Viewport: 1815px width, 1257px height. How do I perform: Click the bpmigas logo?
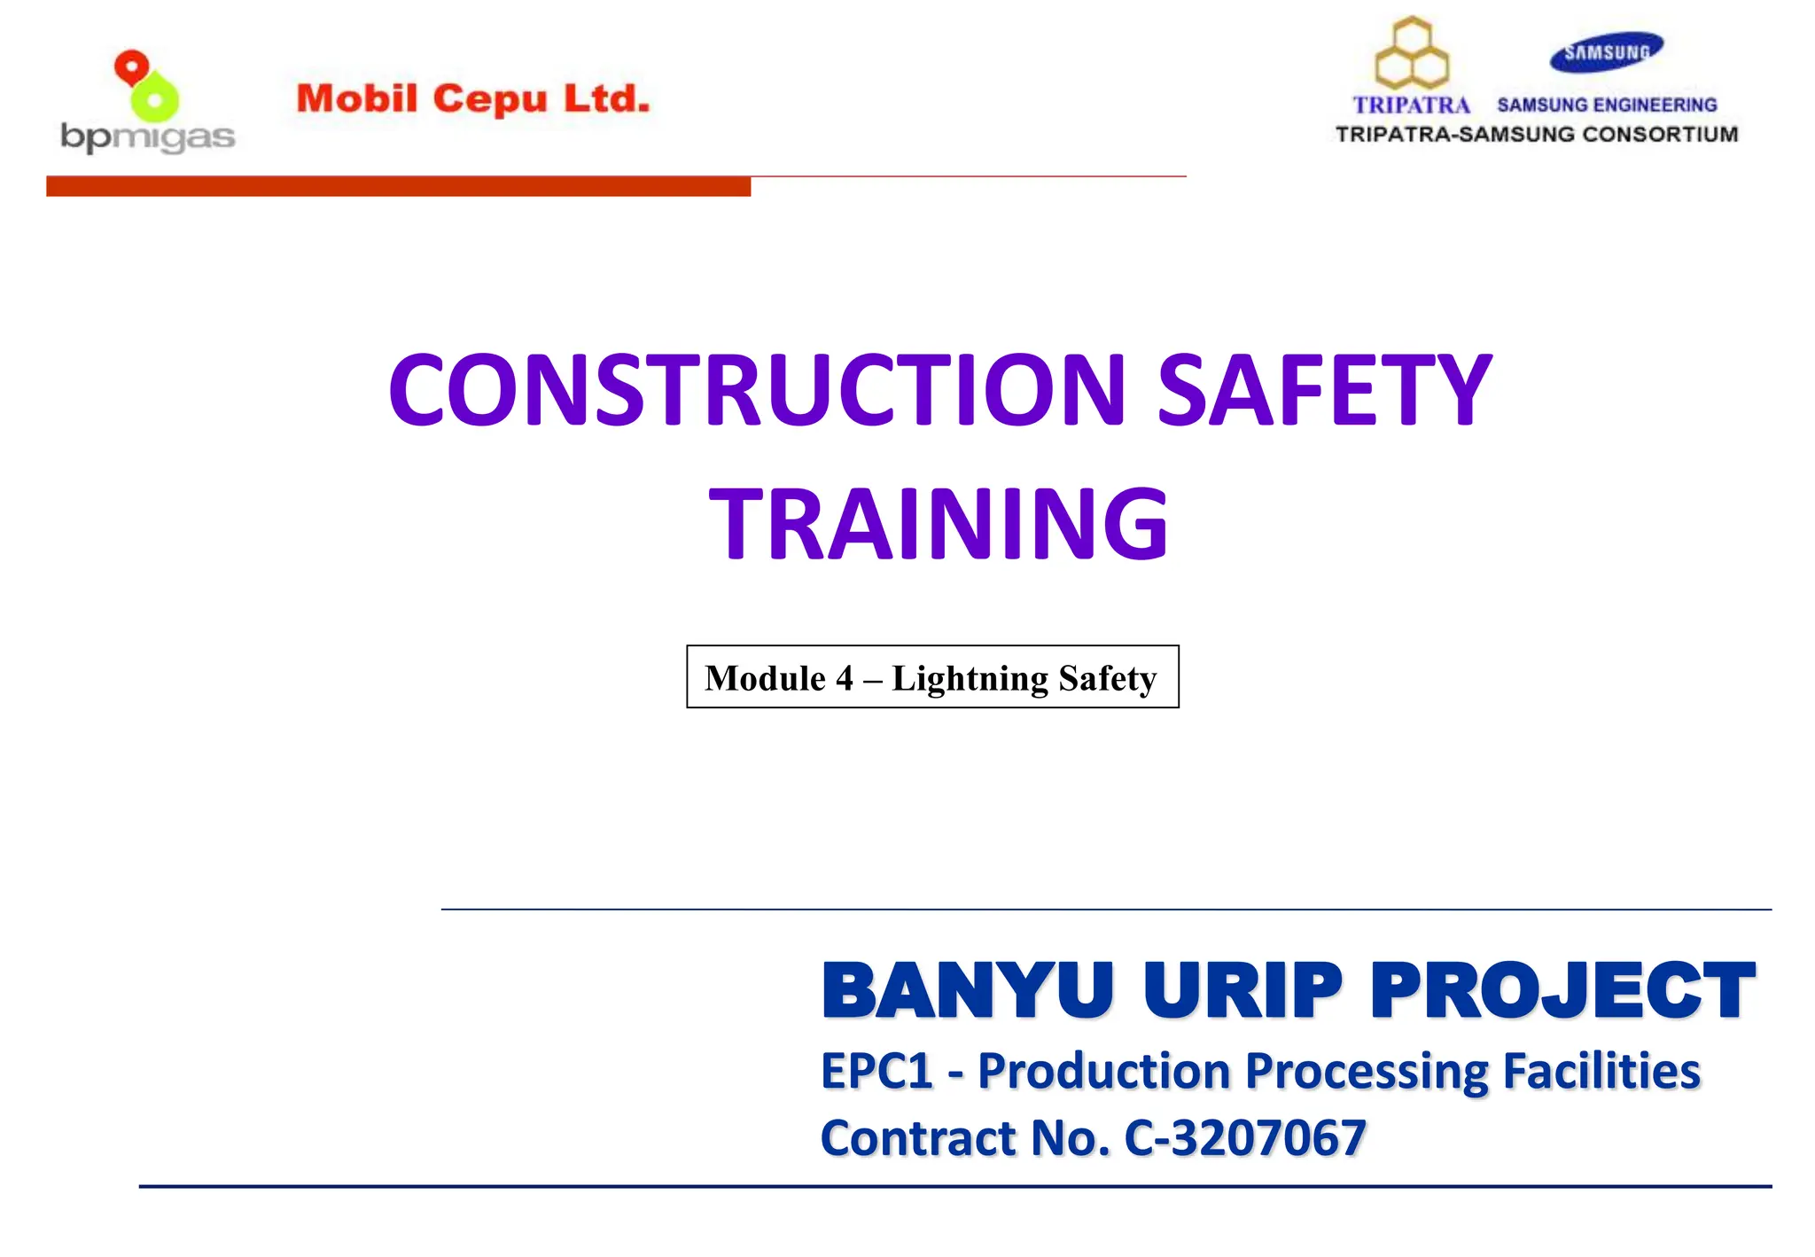tap(147, 103)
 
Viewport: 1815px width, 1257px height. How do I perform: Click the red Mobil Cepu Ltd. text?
tap(472, 99)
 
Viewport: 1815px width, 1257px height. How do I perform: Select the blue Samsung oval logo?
tap(1606, 51)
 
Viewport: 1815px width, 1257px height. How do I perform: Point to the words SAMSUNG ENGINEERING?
tap(1607, 105)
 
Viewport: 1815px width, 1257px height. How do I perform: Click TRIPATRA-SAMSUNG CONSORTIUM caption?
tap(1536, 135)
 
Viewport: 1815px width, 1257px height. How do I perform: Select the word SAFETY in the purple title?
tap(1325, 390)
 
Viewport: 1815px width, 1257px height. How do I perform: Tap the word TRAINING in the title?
tap(939, 525)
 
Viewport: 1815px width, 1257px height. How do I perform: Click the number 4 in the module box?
tap(844, 678)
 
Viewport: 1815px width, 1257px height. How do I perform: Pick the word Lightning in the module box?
tap(970, 678)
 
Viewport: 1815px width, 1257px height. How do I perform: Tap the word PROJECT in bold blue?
tap(1562, 990)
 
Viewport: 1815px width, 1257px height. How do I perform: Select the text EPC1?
tap(876, 1071)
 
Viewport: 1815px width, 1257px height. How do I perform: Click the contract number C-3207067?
tap(1244, 1138)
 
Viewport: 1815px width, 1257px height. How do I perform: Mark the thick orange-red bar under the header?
tap(398, 186)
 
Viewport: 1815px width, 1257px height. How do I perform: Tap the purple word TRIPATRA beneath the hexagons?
tap(1411, 105)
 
